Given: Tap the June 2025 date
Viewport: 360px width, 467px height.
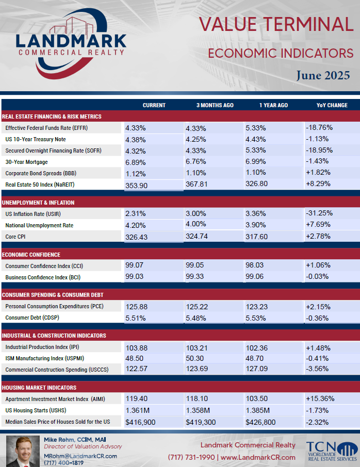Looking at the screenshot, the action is (x=323, y=75).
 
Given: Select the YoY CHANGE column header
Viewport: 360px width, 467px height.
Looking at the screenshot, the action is (x=332, y=105).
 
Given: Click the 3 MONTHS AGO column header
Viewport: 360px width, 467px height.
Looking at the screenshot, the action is (x=215, y=105).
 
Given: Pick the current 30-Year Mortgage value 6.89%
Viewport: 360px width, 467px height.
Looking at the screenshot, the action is (x=136, y=162).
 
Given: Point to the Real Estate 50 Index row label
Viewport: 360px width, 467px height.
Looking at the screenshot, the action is (x=40, y=185).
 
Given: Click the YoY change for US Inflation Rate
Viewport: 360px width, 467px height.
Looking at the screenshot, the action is (x=319, y=213).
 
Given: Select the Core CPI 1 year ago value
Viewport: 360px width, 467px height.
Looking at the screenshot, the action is (x=256, y=237).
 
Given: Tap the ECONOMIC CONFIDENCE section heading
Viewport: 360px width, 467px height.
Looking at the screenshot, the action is (x=31, y=255).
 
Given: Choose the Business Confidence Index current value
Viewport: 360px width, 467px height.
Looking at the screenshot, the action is (x=135, y=276).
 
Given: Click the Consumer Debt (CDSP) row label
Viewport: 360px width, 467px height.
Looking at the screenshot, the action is (x=32, y=318).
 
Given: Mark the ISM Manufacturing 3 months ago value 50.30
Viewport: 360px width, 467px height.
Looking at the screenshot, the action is (x=194, y=358).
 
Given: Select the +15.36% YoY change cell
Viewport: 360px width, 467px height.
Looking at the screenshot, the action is (x=320, y=398).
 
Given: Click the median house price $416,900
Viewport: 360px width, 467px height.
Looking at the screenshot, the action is (x=140, y=422).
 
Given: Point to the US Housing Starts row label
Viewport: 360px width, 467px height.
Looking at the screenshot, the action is (x=36, y=410).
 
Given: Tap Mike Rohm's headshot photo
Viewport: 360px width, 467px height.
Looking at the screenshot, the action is (x=23, y=451).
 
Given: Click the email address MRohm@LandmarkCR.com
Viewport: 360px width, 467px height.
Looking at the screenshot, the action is (x=80, y=456).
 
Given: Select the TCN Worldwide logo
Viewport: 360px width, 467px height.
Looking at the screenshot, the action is (x=332, y=451).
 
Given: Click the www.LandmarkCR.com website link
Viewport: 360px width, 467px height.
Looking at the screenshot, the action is (x=258, y=457).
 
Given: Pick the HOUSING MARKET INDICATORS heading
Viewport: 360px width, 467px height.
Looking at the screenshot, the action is (x=39, y=388).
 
